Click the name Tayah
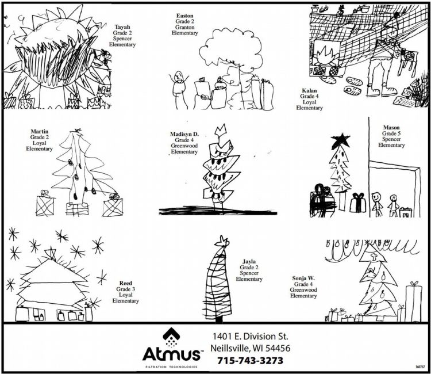tap(122, 27)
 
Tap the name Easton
tap(184, 16)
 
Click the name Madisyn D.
tap(184, 134)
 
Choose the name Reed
tap(125, 283)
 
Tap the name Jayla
tap(249, 262)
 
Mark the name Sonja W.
tap(303, 278)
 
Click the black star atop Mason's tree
tap(341, 139)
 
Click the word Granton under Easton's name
tap(184, 27)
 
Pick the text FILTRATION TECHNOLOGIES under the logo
tap(171, 367)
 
